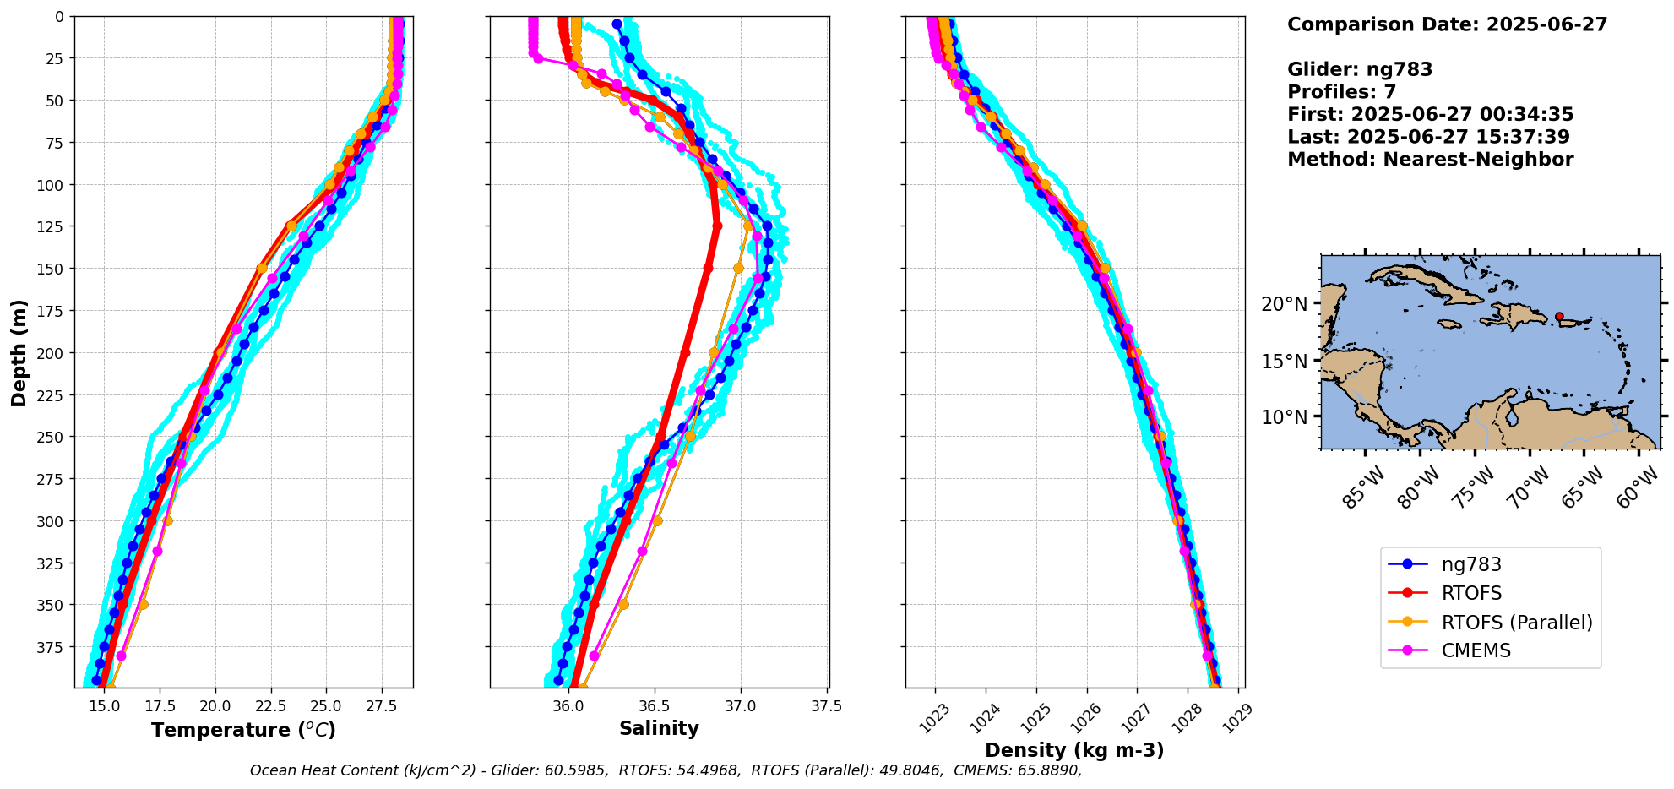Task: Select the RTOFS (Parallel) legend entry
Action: point(1516,623)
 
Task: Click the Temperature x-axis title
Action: point(243,730)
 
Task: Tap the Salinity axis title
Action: point(659,729)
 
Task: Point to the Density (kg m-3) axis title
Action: point(1074,750)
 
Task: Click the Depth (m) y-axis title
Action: point(19,352)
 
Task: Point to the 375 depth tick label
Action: point(52,647)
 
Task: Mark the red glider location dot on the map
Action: point(1559,317)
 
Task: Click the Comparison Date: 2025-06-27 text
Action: point(1447,24)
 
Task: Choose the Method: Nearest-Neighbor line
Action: point(1430,160)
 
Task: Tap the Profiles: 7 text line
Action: point(1341,92)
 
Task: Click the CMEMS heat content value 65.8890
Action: point(1046,770)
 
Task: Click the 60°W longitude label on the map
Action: point(1636,487)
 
